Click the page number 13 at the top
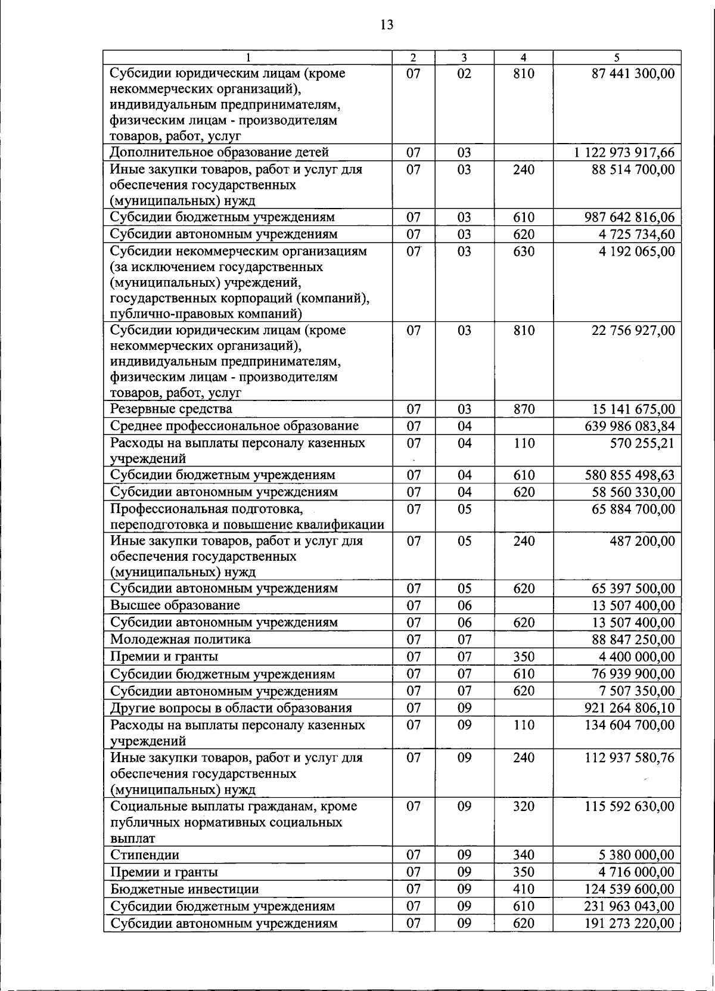click(386, 25)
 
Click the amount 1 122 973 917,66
click(624, 153)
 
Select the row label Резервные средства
click(171, 409)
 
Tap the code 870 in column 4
click(523, 409)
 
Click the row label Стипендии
click(145, 855)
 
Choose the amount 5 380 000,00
click(637, 855)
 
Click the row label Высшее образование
click(175, 605)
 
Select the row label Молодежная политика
click(181, 640)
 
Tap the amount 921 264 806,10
click(630, 709)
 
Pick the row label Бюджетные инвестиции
click(185, 889)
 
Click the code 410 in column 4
click(523, 889)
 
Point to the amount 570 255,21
click(639, 443)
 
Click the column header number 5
click(617, 58)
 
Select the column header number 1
click(247, 58)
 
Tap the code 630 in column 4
click(523, 251)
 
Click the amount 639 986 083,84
click(630, 426)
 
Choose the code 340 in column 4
click(523, 855)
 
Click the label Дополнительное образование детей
click(219, 153)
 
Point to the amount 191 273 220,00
click(630, 924)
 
